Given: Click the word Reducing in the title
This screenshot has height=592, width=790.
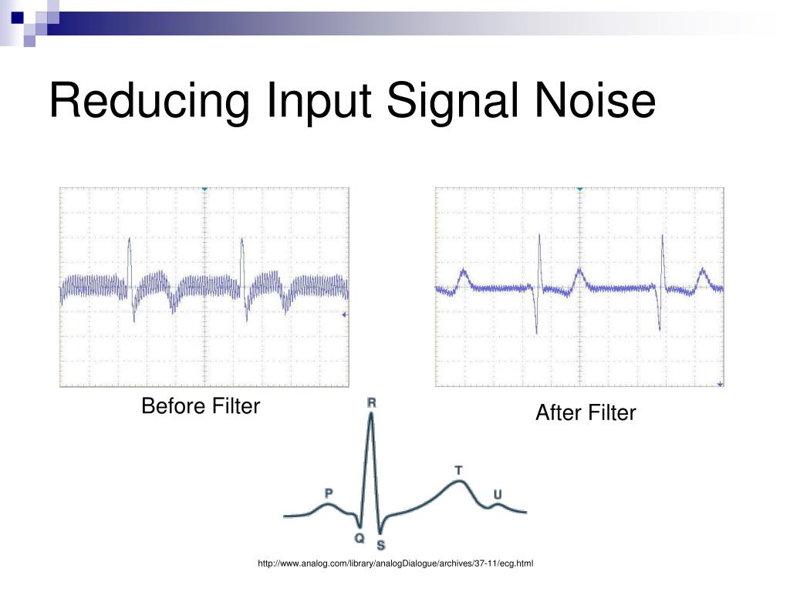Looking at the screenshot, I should (x=147, y=103).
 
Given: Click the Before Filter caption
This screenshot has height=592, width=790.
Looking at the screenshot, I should (x=201, y=406).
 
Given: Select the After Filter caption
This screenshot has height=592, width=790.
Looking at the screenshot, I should (x=586, y=413).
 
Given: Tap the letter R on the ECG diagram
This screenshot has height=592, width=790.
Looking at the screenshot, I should (x=371, y=403).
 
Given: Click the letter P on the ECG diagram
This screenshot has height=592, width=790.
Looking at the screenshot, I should (x=329, y=493).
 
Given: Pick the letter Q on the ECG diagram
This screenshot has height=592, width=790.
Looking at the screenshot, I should (x=360, y=538).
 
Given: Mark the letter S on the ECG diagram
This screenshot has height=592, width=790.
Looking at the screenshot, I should (x=381, y=545).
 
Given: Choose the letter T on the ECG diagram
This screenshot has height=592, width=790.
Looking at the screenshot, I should (x=458, y=469).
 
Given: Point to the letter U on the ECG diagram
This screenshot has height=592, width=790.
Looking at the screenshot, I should (x=498, y=493).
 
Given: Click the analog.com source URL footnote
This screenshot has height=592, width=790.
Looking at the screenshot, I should (x=396, y=564).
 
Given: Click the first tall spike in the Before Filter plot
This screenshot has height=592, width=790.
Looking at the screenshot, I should (x=130, y=240).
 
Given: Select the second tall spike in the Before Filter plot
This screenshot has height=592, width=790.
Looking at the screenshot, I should (x=242, y=240).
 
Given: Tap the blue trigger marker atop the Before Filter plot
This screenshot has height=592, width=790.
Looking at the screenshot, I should (x=204, y=189).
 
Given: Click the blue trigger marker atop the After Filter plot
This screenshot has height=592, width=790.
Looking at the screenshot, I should (x=579, y=189).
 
